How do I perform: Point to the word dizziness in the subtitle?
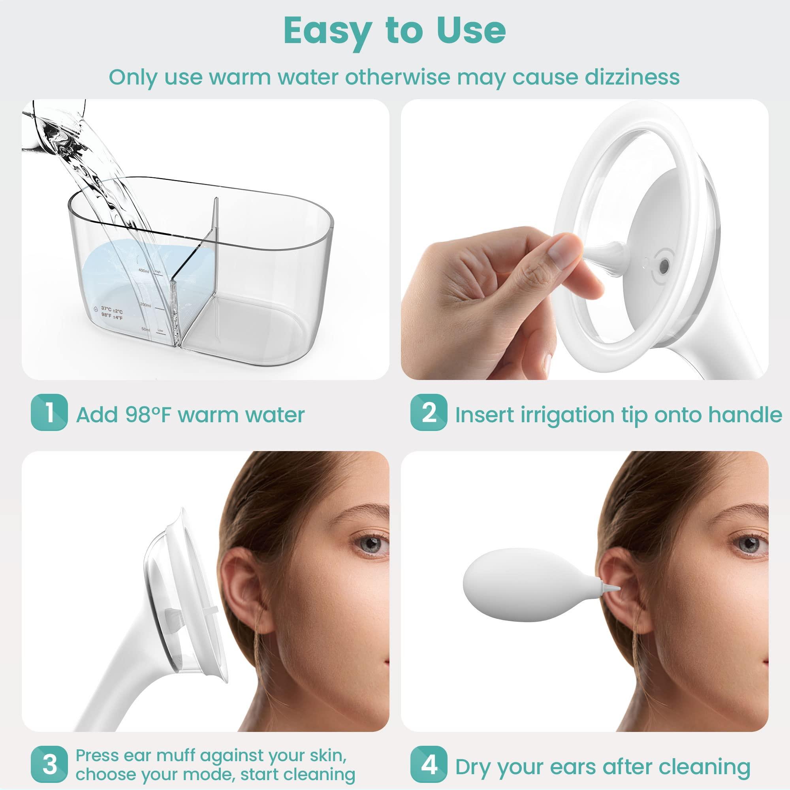point(632,77)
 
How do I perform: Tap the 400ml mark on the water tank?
point(144,271)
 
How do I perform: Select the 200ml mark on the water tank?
point(145,305)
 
